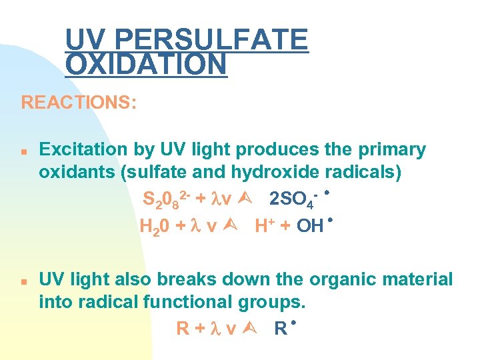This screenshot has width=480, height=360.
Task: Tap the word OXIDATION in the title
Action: tap(146, 65)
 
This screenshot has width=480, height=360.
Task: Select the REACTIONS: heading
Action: tap(79, 103)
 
